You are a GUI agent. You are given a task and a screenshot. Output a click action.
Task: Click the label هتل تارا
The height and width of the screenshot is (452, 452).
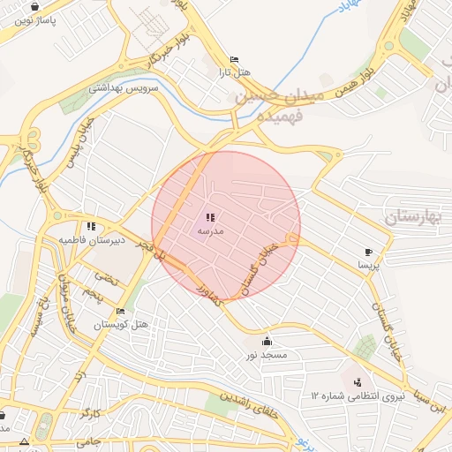[233, 72]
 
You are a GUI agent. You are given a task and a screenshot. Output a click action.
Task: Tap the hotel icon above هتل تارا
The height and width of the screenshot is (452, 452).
[233, 59]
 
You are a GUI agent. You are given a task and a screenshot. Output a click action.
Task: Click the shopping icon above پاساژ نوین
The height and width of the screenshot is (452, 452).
[34, 6]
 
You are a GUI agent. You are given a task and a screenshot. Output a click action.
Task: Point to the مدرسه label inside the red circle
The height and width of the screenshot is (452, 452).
[209, 230]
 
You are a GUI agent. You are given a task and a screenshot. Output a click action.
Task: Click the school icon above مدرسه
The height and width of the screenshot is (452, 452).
[210, 217]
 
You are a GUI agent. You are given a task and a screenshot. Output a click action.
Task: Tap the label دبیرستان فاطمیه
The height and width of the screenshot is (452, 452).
[93, 239]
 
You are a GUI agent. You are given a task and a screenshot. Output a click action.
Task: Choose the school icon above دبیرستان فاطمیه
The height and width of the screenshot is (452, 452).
[92, 227]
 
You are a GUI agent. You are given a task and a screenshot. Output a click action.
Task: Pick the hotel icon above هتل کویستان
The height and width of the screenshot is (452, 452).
[121, 312]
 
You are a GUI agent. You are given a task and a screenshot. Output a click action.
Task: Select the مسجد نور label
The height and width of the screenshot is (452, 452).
[267, 354]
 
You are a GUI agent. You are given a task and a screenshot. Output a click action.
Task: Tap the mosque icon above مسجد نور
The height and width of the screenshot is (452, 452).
[267, 342]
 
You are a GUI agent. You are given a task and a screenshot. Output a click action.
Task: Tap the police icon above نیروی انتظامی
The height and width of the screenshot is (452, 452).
[358, 381]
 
